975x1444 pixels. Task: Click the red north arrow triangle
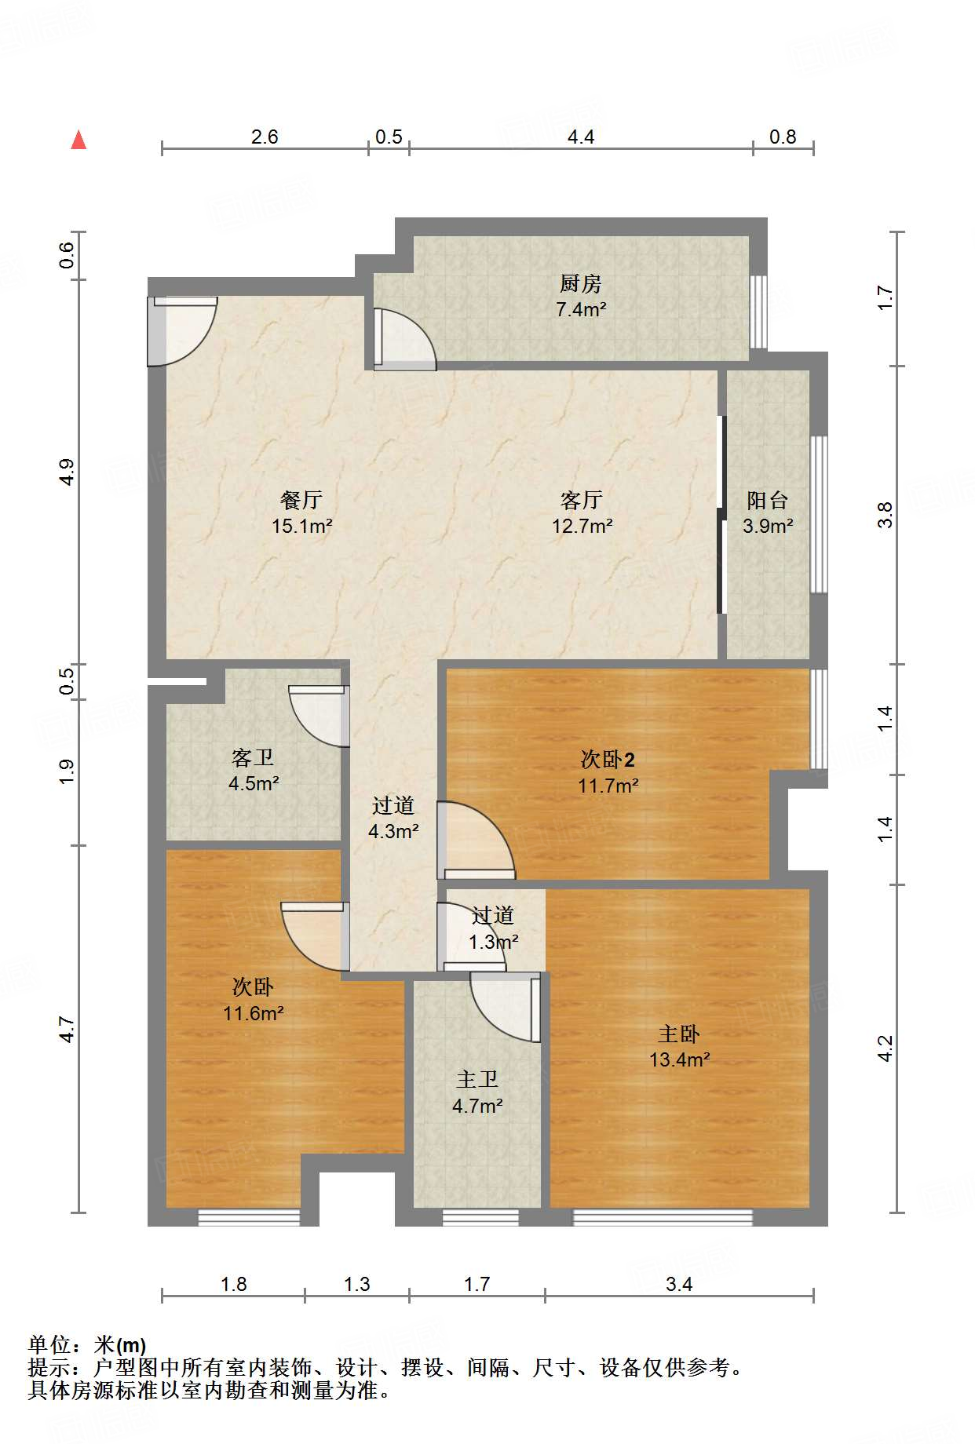(79, 140)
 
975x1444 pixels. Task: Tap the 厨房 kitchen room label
(580, 283)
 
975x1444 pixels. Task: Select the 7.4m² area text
(580, 310)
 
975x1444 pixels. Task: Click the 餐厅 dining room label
(301, 500)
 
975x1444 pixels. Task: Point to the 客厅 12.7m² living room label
(581, 512)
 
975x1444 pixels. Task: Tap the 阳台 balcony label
(767, 500)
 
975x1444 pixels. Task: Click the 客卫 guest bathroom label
(253, 757)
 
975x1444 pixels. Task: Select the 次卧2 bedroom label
(608, 759)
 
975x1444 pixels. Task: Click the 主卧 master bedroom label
(678, 1034)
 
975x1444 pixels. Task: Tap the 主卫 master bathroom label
(477, 1080)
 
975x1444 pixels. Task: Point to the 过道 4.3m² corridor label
(393, 818)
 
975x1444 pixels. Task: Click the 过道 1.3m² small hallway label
(493, 928)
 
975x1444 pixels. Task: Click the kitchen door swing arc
(404, 339)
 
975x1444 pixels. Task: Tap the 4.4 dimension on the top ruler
(580, 137)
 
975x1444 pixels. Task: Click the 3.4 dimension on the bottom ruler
(679, 1285)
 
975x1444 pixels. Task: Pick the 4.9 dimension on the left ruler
(67, 472)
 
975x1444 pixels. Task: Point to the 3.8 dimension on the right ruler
(885, 515)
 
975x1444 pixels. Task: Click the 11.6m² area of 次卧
(253, 1014)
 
